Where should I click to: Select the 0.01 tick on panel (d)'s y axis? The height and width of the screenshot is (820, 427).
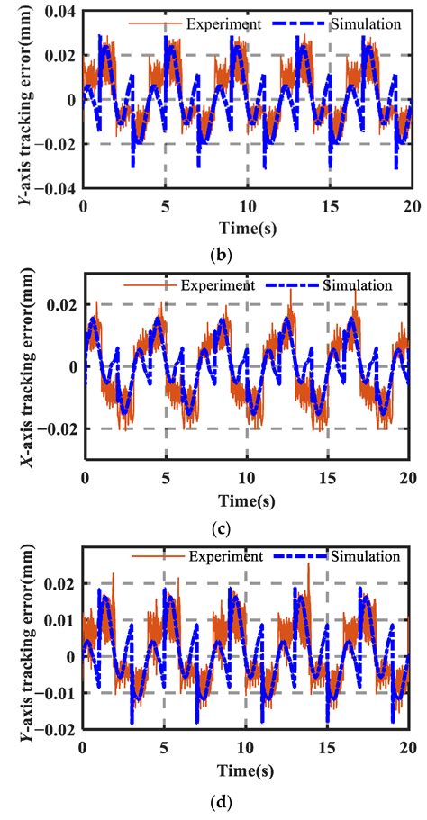pos(59,620)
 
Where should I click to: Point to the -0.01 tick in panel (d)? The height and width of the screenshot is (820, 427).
pos(57,693)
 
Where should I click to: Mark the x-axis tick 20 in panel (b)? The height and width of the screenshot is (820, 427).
pos(407,205)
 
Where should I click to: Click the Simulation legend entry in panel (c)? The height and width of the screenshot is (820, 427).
pos(359,285)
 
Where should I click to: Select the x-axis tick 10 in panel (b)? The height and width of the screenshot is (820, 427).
pos(245,205)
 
